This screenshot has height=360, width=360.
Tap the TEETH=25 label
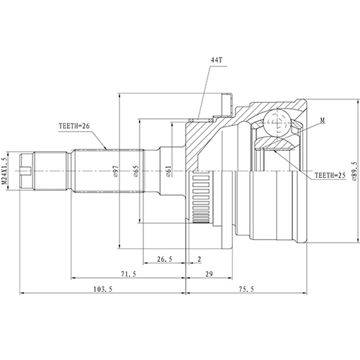click(x=330, y=176)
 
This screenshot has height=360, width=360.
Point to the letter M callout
click(x=323, y=120)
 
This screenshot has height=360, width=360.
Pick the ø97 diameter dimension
click(x=116, y=171)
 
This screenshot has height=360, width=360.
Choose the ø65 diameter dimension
click(x=136, y=171)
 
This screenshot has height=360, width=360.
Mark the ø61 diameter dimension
click(x=168, y=171)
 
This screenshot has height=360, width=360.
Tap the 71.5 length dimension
click(x=128, y=274)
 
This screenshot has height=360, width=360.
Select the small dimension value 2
click(x=199, y=259)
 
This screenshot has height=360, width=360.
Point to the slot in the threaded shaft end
click(x=27, y=171)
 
